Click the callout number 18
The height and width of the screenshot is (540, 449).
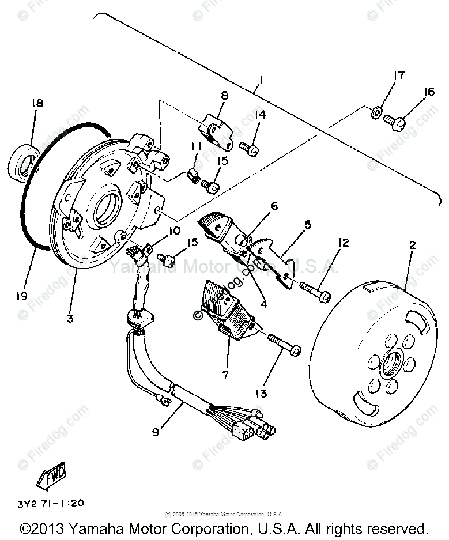[37, 103]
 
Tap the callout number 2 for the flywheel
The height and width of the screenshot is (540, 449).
[412, 244]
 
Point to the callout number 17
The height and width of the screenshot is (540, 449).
[399, 75]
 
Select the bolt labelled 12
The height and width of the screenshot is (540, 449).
[314, 290]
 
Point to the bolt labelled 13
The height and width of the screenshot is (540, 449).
[284, 345]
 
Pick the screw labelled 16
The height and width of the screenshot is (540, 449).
[394, 121]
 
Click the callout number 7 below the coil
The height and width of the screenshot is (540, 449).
[225, 375]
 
